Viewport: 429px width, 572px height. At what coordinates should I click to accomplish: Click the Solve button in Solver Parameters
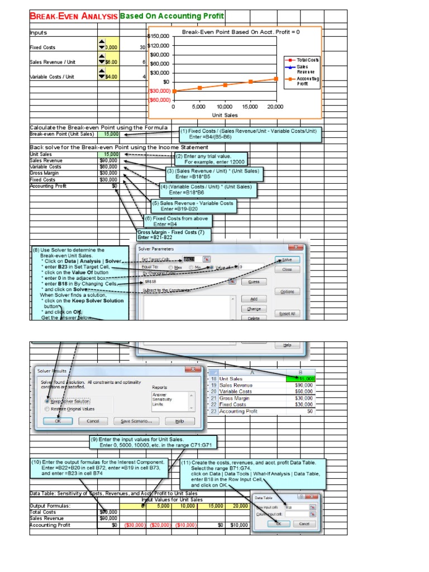[287, 260]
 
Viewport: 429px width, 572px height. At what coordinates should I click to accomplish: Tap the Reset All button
[287, 313]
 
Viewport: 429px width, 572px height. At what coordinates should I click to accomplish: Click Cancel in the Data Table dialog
[304, 524]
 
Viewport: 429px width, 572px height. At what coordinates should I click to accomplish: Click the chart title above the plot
[241, 32]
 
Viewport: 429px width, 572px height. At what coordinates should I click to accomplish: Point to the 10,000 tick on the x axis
[224, 106]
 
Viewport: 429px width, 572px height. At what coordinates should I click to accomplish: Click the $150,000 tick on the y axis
[160, 36]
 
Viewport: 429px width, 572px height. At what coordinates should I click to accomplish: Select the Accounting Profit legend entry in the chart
[302, 82]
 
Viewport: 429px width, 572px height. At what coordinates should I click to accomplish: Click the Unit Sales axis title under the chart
[225, 115]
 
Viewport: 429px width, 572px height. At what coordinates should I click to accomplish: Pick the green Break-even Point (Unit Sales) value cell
[108, 134]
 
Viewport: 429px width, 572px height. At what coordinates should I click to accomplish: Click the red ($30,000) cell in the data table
[134, 525]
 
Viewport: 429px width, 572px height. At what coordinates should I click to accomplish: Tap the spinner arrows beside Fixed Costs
[101, 45]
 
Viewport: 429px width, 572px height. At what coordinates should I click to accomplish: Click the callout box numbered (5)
[193, 206]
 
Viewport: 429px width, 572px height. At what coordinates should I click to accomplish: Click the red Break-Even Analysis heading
[74, 16]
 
